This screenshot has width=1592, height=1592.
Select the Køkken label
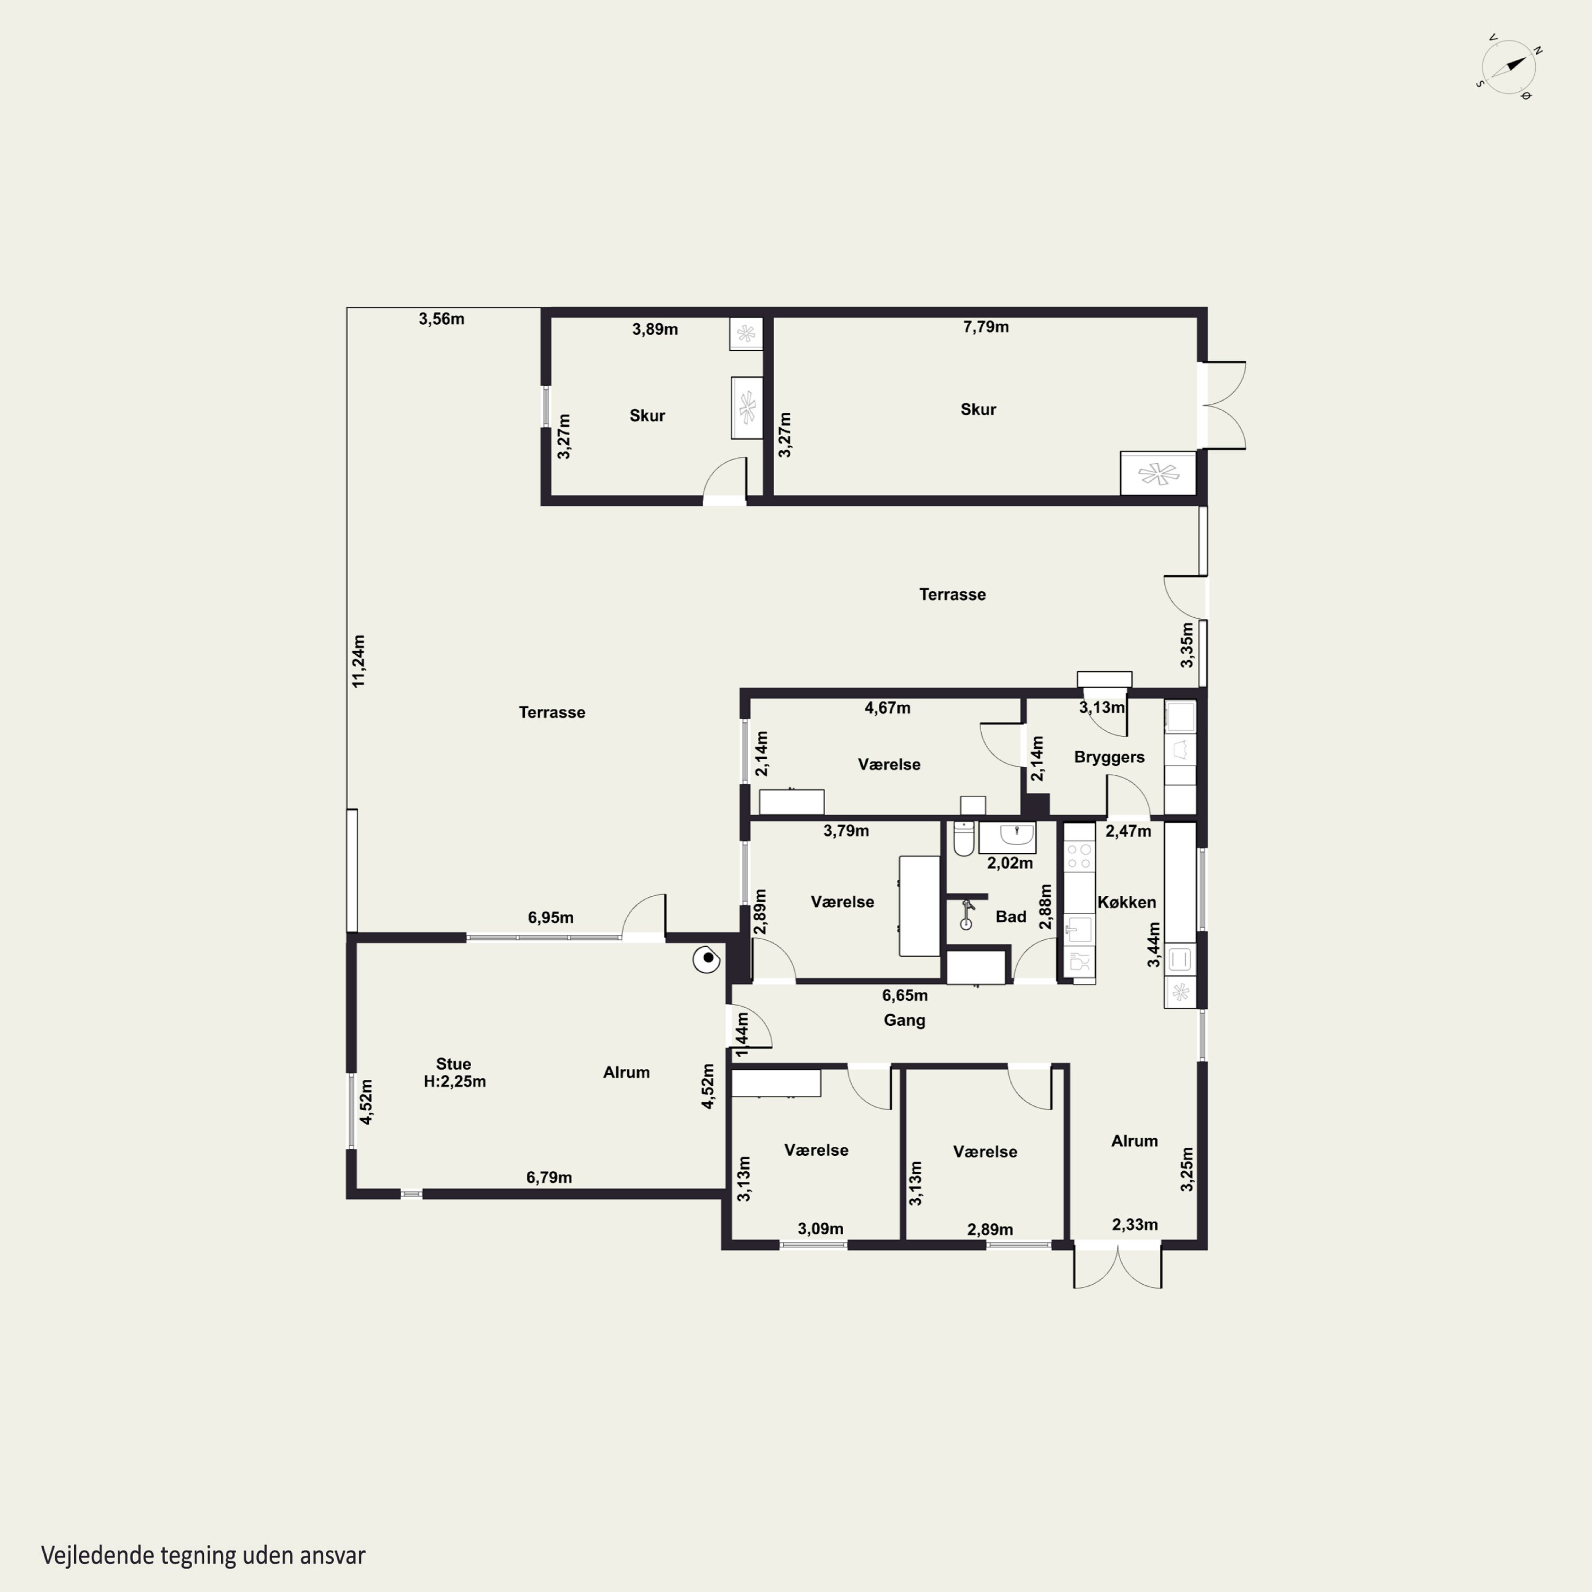1127,902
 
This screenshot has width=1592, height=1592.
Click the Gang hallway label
904,1020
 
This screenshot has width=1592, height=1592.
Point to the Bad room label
1011,916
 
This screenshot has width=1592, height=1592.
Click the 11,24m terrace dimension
358,661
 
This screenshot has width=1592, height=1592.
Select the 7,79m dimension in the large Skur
985,326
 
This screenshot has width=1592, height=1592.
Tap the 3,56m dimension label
441,319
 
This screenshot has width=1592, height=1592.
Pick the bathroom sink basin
1007,836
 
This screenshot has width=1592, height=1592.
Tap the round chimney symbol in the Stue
707,959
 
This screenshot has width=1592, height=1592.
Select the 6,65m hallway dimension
905,996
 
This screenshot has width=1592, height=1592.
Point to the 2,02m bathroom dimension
1009,863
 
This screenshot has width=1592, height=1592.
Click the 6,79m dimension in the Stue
549,1178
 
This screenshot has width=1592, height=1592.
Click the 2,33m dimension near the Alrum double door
1135,1224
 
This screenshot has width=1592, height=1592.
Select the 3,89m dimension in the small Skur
655,330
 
